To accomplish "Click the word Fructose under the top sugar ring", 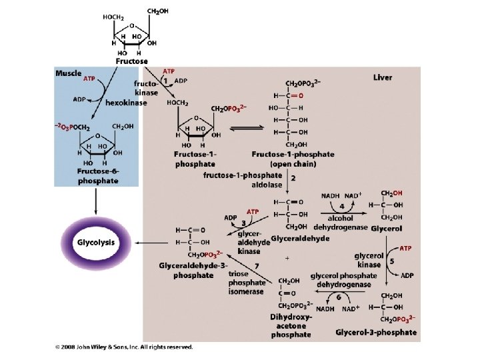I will (x=132, y=61).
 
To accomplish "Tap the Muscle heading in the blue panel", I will (x=69, y=73).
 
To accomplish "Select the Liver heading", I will (x=383, y=77).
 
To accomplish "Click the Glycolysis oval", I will (x=97, y=242).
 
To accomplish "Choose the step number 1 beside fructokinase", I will (x=167, y=80).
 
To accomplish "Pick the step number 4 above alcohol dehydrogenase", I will (x=341, y=207).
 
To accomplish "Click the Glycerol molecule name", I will (x=386, y=227).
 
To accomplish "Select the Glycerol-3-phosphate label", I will (x=376, y=332).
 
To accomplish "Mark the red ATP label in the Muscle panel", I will (x=89, y=79).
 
